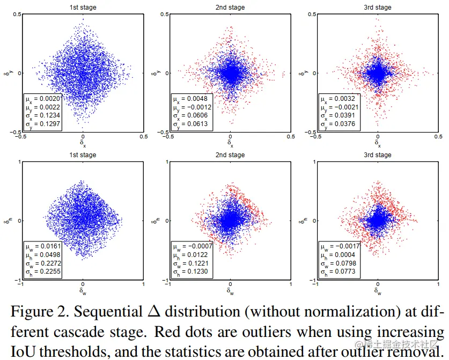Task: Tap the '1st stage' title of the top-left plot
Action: (83, 7)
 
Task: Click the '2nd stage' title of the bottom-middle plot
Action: (230, 155)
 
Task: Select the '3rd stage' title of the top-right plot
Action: (378, 7)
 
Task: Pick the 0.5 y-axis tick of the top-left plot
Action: (17, 14)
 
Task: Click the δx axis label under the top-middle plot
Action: (230, 143)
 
